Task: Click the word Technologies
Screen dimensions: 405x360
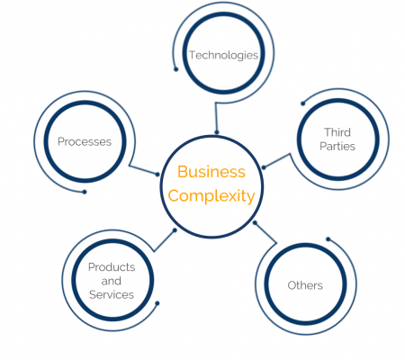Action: point(223,56)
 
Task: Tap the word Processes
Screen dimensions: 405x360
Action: point(85,141)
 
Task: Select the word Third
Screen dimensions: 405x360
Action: point(337,132)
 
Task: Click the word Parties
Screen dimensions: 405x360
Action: point(337,146)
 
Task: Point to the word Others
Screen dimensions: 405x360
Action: point(305,285)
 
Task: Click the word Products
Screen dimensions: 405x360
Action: point(112,267)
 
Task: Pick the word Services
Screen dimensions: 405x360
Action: point(112,294)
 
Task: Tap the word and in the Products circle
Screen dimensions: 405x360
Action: point(112,281)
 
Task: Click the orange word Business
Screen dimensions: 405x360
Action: point(211,172)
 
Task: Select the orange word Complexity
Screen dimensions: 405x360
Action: point(211,196)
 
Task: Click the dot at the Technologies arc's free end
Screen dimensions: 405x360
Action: point(176,69)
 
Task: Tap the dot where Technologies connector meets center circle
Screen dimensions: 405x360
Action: point(217,132)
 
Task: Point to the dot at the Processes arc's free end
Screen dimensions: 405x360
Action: point(85,192)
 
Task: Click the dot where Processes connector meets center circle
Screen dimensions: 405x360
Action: point(157,175)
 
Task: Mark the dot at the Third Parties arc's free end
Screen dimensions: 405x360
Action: point(303,103)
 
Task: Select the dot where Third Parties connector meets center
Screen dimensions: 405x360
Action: point(264,167)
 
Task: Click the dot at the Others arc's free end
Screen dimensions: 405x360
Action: point(328,239)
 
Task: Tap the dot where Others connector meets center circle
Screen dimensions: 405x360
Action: point(255,222)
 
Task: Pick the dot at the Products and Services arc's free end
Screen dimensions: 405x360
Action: point(157,303)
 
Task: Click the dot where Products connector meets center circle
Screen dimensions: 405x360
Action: point(175,230)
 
